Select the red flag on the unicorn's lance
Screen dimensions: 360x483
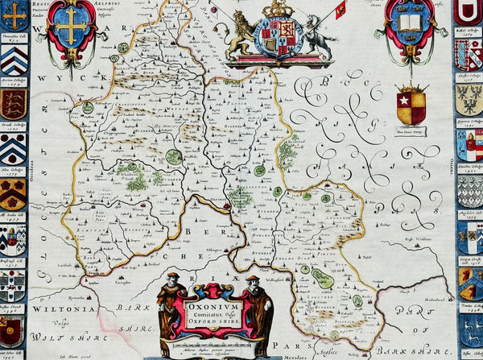(341, 9)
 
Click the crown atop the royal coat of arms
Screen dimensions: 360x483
(278, 7)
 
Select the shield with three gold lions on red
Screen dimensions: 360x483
(13, 104)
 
